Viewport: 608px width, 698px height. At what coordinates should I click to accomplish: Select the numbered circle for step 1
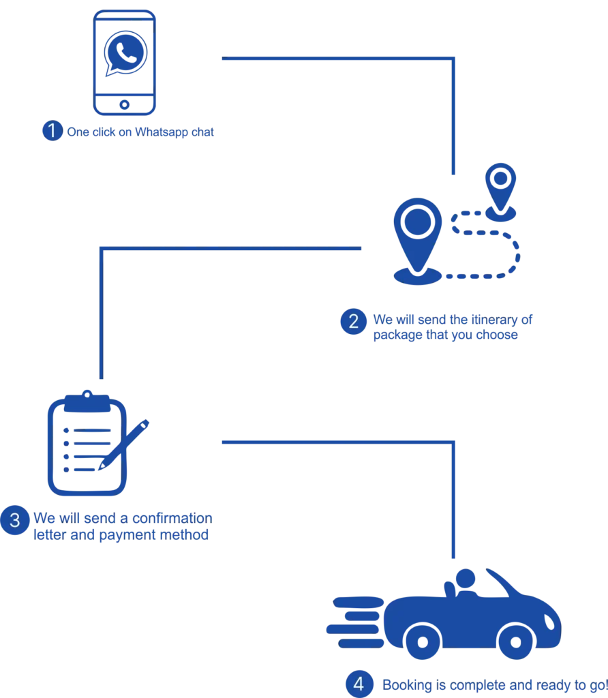pyautogui.click(x=52, y=130)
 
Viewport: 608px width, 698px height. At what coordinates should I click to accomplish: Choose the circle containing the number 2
pyautogui.click(x=353, y=322)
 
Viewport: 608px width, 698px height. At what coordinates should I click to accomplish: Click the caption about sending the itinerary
pyautogui.click(x=450, y=327)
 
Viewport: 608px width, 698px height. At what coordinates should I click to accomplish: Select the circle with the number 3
pyautogui.click(x=14, y=521)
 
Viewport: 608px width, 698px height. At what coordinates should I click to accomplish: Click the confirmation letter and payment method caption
pyautogui.click(x=123, y=527)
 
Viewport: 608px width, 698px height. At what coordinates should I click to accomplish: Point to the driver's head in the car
pyautogui.click(x=464, y=577)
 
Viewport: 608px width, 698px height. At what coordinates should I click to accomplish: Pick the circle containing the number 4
pyautogui.click(x=359, y=684)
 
